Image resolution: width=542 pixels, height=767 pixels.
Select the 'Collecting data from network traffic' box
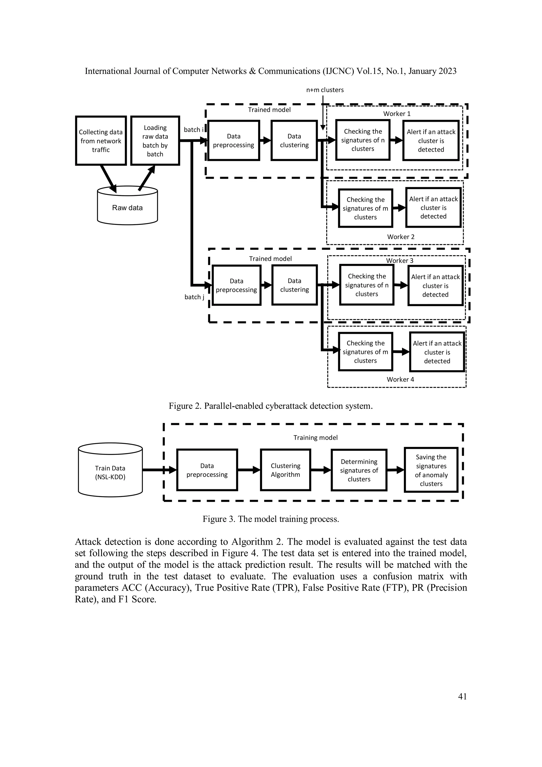coord(101,141)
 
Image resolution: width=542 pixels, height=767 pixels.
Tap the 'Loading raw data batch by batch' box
coord(155,141)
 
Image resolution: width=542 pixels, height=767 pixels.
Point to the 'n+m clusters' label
coord(325,90)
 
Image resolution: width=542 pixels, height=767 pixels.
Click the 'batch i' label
coord(193,130)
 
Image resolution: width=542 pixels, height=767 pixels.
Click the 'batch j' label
coord(194,297)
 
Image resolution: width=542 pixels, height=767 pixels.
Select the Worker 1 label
coord(397,114)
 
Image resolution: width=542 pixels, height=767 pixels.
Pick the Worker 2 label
coord(400,237)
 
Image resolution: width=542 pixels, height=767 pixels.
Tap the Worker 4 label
coord(400,379)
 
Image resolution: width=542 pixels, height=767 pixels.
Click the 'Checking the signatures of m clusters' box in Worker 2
coord(365,208)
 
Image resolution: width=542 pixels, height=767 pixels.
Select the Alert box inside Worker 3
coord(435,286)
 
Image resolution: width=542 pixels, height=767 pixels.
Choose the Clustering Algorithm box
coord(285,470)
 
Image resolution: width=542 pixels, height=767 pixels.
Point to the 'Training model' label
coord(315,438)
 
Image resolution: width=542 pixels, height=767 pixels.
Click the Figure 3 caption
coord(270,519)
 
